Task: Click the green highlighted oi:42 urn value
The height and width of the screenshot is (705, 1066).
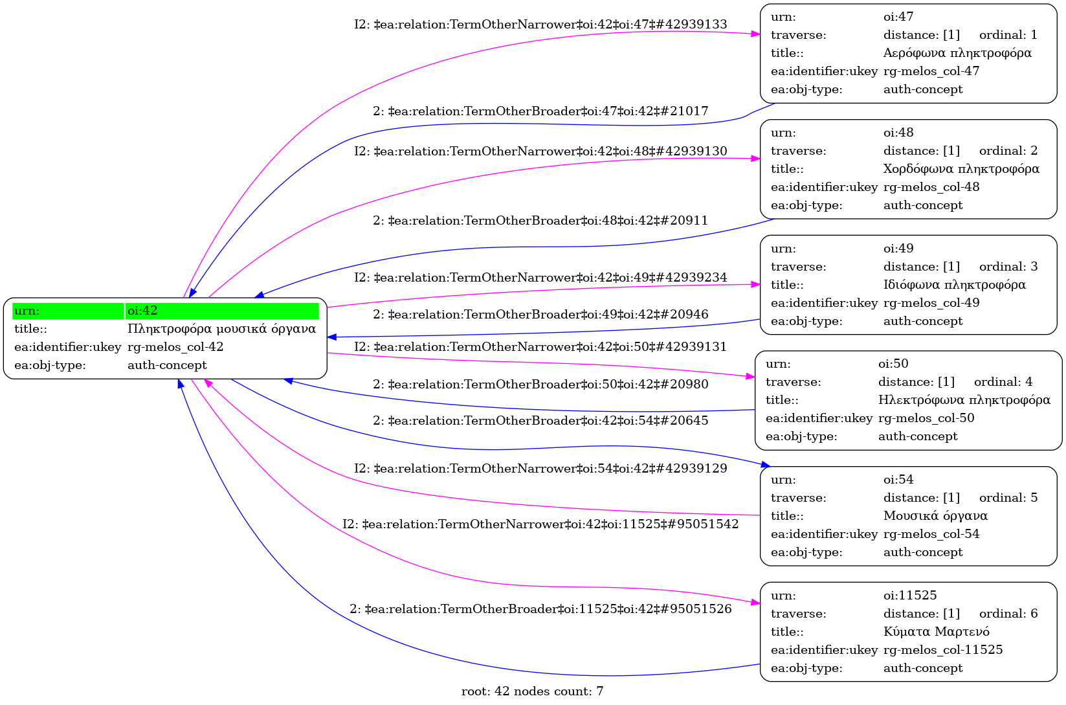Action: (142, 311)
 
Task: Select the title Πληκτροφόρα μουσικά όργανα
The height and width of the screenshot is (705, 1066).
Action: (221, 329)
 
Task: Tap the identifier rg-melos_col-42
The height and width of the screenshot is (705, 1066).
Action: (175, 347)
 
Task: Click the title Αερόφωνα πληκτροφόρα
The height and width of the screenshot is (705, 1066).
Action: (957, 53)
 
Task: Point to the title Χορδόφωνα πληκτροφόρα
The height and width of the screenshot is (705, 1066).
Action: (961, 169)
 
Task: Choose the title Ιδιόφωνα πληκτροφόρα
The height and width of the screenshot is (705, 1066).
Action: (954, 285)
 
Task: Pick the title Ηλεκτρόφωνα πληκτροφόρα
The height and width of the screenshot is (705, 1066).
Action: (964, 400)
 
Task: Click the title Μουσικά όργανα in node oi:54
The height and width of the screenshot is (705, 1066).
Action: (935, 516)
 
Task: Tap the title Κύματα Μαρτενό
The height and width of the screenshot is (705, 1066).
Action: (936, 632)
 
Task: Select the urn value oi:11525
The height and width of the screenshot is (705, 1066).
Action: (910, 596)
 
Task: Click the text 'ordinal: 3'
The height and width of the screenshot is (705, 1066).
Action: (1008, 267)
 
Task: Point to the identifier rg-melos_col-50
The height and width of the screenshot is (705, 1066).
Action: (926, 418)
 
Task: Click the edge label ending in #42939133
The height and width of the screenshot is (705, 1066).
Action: (540, 25)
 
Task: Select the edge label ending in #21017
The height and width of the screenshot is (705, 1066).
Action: (540, 111)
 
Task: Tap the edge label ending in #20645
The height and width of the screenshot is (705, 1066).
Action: (540, 421)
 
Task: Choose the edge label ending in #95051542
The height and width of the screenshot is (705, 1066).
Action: (540, 524)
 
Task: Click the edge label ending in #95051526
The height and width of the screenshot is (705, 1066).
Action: (540, 609)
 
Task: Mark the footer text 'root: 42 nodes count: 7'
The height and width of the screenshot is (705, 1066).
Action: (532, 691)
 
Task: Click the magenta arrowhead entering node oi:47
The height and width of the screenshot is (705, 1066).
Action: (756, 34)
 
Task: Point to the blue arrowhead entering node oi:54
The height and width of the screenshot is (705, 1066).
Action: (765, 465)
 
